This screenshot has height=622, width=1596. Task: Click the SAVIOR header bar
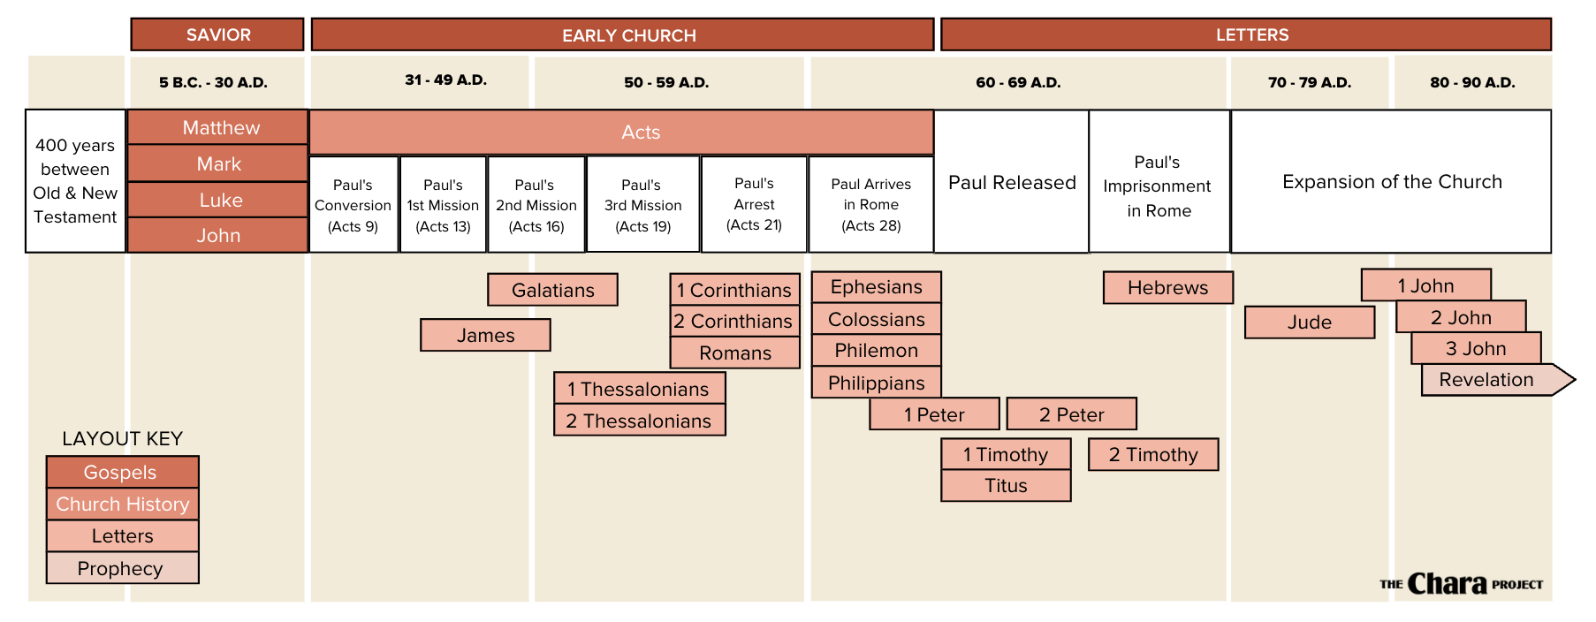(x=217, y=34)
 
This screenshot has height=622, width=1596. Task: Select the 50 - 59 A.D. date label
(x=666, y=82)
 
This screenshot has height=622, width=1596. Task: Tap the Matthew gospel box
(x=218, y=127)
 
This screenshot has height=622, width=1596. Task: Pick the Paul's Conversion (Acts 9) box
(x=353, y=205)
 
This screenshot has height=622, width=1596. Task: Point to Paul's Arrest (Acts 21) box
(x=754, y=204)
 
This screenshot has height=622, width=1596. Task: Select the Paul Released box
(x=1011, y=182)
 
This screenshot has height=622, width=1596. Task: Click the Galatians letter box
(x=552, y=290)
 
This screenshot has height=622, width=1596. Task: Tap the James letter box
(x=485, y=336)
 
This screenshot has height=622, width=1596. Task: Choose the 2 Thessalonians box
(x=639, y=421)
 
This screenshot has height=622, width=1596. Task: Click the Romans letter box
(x=735, y=353)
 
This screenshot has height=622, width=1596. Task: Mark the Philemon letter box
(x=876, y=351)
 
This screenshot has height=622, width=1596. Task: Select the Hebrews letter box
(x=1167, y=288)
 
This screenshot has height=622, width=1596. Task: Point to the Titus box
(x=1006, y=486)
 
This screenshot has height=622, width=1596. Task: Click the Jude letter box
(x=1309, y=322)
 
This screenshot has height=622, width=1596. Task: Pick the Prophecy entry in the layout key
(x=122, y=568)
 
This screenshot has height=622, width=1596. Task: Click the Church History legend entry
(x=122, y=504)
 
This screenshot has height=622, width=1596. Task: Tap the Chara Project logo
(x=1460, y=584)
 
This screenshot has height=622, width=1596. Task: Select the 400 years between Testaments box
(x=75, y=181)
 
